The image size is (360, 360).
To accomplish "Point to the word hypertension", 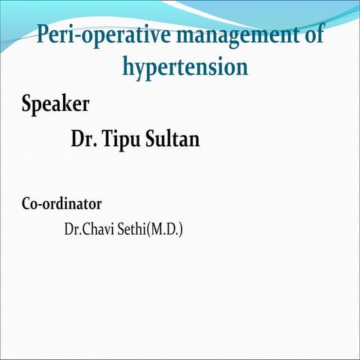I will pos(184,67).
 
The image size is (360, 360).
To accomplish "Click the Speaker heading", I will pos(55,103).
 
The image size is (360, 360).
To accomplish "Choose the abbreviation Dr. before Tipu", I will pos(82,139).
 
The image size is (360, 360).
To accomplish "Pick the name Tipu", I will pos(123,139).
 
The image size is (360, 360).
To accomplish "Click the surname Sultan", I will pos(174,139).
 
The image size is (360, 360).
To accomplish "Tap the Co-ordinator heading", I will pos(61,203).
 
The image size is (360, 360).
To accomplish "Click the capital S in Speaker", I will pos(27,103).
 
